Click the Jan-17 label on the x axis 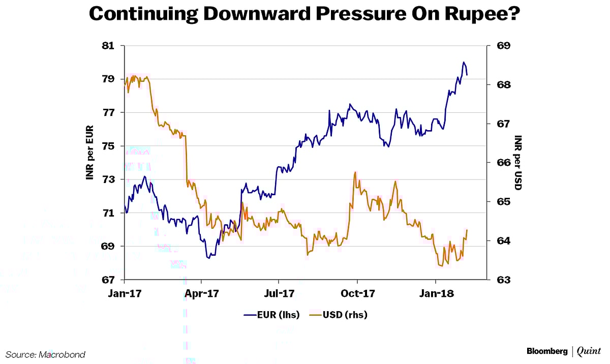(125, 294)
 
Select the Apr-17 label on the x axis (202, 294)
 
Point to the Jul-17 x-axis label (279, 294)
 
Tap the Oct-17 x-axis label (357, 294)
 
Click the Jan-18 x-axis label (436, 294)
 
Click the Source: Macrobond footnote (46, 354)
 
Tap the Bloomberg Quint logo (563, 351)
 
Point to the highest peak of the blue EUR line (464, 62)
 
